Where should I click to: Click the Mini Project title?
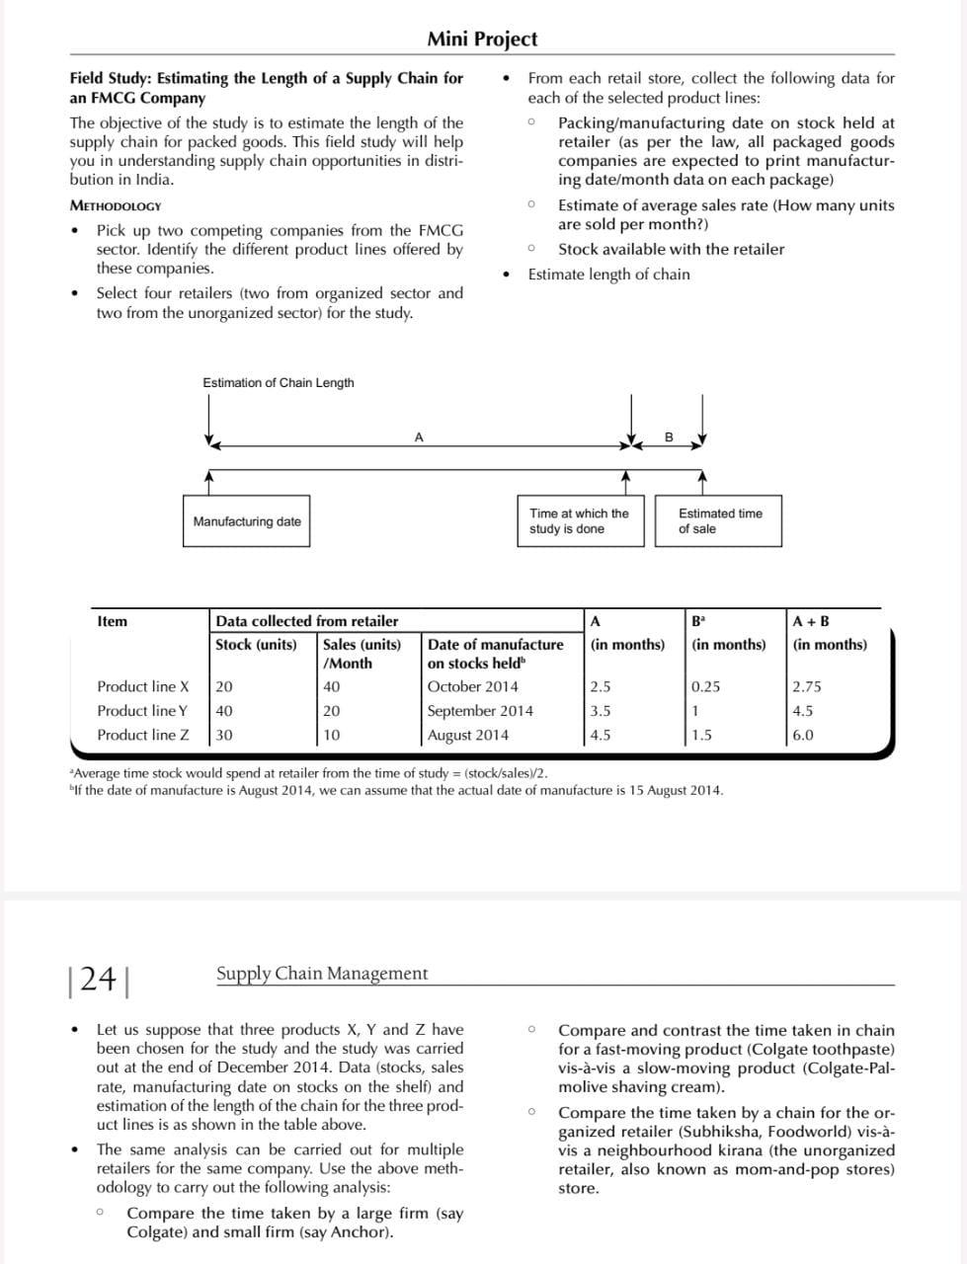(482, 39)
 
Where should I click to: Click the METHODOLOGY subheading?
(116, 206)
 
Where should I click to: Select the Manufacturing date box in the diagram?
(247, 521)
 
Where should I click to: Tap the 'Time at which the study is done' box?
(580, 521)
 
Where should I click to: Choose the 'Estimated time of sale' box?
(719, 521)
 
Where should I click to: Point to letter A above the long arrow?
(419, 436)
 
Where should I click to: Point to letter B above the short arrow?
(668, 436)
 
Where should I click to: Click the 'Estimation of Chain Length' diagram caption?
(278, 383)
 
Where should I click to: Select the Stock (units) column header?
(256, 645)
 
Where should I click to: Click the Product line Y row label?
(142, 711)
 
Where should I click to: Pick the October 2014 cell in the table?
(472, 687)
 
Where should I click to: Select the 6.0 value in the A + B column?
(803, 736)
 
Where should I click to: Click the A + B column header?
(811, 622)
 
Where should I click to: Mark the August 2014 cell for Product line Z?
(468, 736)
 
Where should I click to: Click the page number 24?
(99, 979)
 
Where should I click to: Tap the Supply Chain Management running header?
(322, 974)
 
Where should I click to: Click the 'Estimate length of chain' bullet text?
(608, 275)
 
